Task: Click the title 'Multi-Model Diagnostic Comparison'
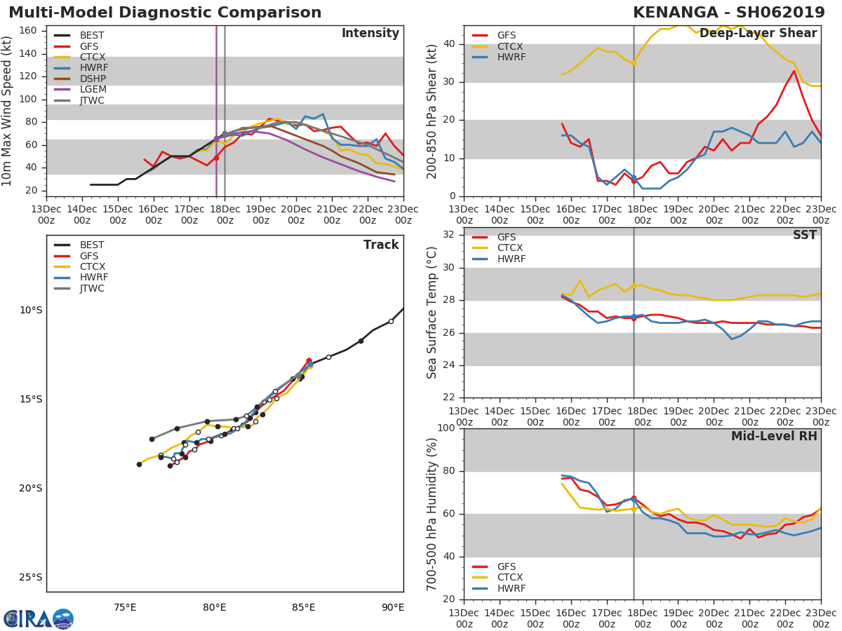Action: click(x=165, y=13)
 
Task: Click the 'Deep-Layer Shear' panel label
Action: click(x=758, y=34)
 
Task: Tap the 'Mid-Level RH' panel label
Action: click(x=774, y=436)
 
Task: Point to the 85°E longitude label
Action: click(x=304, y=607)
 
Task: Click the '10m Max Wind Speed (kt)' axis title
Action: click(x=8, y=111)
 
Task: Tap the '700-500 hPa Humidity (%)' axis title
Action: click(x=432, y=514)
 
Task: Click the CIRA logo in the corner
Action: click(x=39, y=618)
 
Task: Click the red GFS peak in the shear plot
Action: click(x=794, y=70)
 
